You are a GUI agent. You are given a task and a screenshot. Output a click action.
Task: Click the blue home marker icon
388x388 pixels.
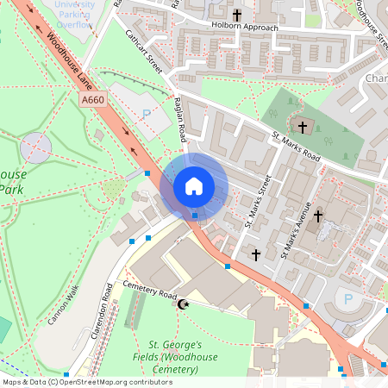point(194,185)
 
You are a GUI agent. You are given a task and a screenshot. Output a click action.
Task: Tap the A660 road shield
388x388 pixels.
point(94,102)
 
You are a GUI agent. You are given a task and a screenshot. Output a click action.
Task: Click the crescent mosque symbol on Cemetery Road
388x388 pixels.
point(182,304)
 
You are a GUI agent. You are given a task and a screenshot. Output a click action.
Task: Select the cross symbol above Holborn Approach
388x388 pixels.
point(237,15)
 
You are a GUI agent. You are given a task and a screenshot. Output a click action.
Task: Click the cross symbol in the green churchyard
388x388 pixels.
point(304,126)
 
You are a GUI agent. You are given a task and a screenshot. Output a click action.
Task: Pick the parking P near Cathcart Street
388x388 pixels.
point(146,113)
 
